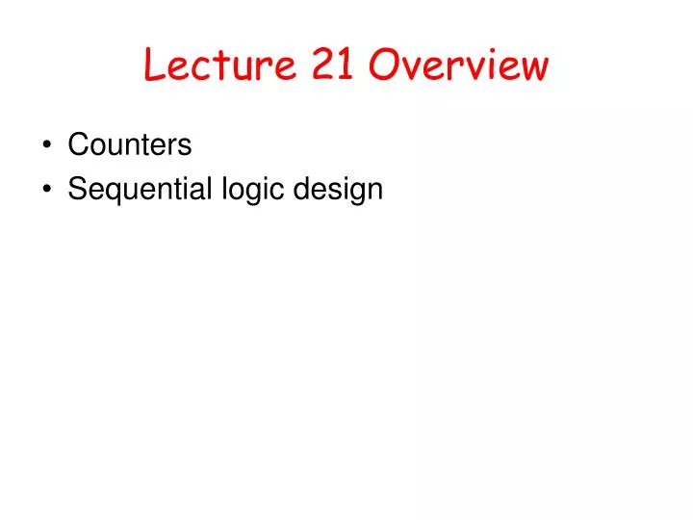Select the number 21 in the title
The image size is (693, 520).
333,65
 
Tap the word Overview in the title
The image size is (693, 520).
460,65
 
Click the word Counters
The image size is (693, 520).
130,145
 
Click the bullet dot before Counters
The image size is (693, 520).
48,146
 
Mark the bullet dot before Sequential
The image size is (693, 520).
48,190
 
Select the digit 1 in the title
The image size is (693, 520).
346,65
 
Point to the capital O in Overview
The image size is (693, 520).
385,65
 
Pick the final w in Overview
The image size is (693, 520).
533,67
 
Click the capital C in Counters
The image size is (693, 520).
77,145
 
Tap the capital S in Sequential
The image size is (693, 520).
76,190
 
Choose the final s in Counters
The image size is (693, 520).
185,147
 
